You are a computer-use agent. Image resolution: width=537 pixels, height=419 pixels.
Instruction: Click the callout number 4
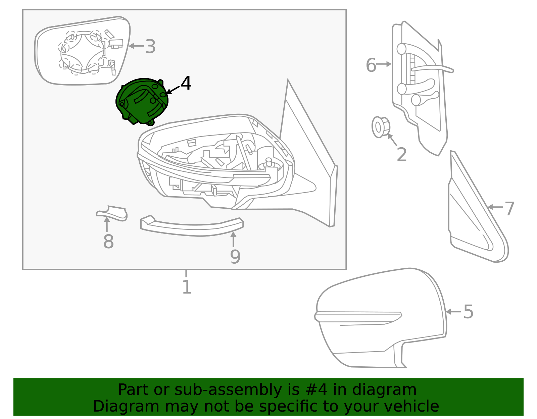pyautogui.click(x=186, y=83)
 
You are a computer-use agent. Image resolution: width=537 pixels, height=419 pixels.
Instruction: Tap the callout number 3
pyautogui.click(x=150, y=47)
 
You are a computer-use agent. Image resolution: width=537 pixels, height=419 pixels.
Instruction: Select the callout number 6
pyautogui.click(x=371, y=65)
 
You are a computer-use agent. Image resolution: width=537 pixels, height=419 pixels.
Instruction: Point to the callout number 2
pyautogui.click(x=401, y=155)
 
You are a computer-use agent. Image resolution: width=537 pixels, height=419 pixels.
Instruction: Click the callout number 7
pyautogui.click(x=509, y=209)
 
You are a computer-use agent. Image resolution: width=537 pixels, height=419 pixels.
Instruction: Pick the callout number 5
pyautogui.click(x=468, y=312)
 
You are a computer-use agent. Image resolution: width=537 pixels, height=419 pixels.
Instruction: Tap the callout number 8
pyautogui.click(x=108, y=241)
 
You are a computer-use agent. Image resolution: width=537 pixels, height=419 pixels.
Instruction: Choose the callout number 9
pyautogui.click(x=235, y=257)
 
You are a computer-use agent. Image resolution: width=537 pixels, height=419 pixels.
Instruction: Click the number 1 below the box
pyautogui.click(x=187, y=287)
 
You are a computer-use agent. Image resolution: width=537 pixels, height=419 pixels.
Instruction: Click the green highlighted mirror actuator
pyautogui.click(x=143, y=101)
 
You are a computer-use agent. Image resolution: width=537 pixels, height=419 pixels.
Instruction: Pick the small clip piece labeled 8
pyautogui.click(x=112, y=213)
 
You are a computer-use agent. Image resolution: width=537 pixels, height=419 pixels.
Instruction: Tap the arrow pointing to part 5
pyautogui.click(x=453, y=312)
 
